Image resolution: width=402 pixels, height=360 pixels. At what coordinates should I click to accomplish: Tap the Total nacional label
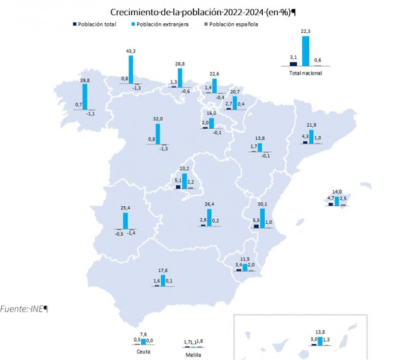point(305,73)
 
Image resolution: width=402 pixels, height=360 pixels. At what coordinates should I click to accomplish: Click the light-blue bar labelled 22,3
point(306,51)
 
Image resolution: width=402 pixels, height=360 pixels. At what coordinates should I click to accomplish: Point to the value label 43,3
point(132,50)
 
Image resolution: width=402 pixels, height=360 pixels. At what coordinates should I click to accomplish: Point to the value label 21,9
point(311,125)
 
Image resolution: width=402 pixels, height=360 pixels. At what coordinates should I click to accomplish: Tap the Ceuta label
point(143,352)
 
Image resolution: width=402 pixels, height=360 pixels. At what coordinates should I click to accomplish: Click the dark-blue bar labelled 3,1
point(293,63)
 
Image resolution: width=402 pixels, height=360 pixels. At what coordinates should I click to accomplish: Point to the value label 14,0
point(337,192)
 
